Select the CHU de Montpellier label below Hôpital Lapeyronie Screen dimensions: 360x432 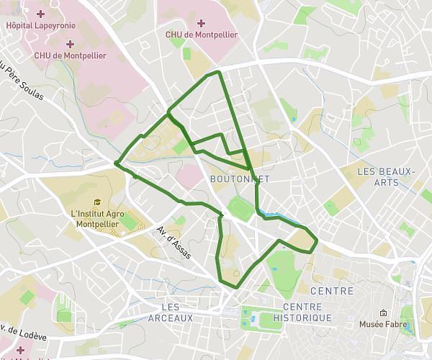pos(70,55)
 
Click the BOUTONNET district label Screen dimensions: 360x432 pos(234,178)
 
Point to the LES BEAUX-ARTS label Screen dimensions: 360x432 pos(387,176)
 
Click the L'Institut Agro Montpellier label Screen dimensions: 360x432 pos(99,218)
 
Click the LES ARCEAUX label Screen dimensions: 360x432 pos(170,312)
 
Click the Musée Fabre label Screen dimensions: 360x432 pos(383,325)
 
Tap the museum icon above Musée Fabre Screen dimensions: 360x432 pos(383,312)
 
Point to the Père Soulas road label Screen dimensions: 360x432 pos(22,83)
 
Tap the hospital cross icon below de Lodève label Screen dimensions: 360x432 pos(20,350)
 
